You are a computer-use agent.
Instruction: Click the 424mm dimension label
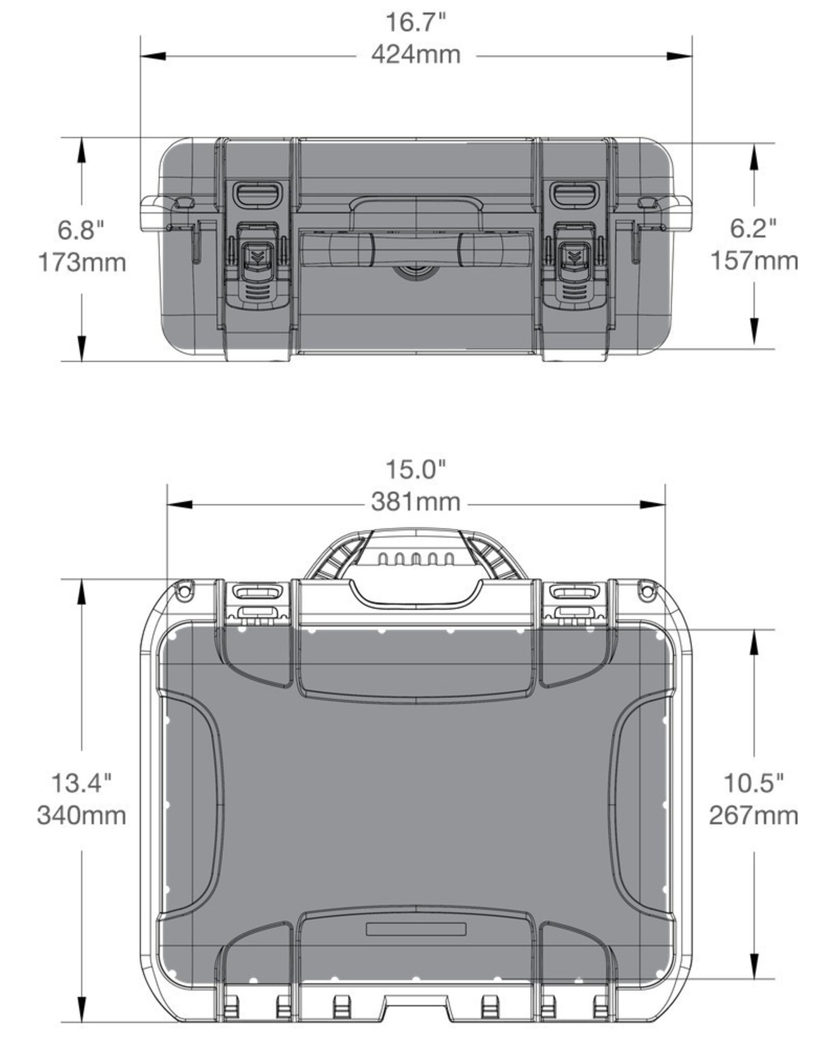point(415,55)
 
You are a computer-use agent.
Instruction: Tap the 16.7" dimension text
point(415,23)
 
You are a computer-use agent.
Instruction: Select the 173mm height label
point(82,263)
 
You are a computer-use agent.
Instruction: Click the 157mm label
point(754,261)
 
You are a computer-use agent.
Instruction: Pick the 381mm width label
point(415,502)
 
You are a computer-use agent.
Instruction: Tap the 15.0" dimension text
point(415,470)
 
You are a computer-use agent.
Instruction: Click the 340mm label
point(82,815)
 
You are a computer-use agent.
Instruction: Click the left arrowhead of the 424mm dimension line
point(153,56)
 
